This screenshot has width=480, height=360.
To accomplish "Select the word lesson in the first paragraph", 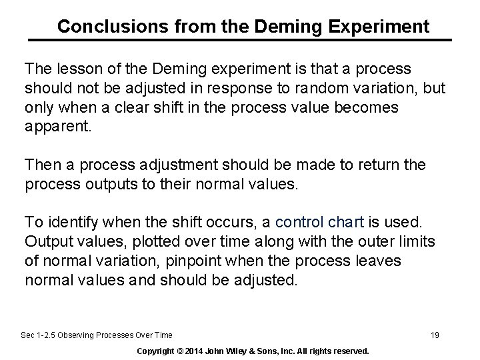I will point(73,69).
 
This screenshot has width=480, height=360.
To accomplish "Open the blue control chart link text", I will point(319,221).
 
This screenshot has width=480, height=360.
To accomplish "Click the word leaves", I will point(379,261).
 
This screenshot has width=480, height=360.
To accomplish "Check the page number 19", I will point(435,335).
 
